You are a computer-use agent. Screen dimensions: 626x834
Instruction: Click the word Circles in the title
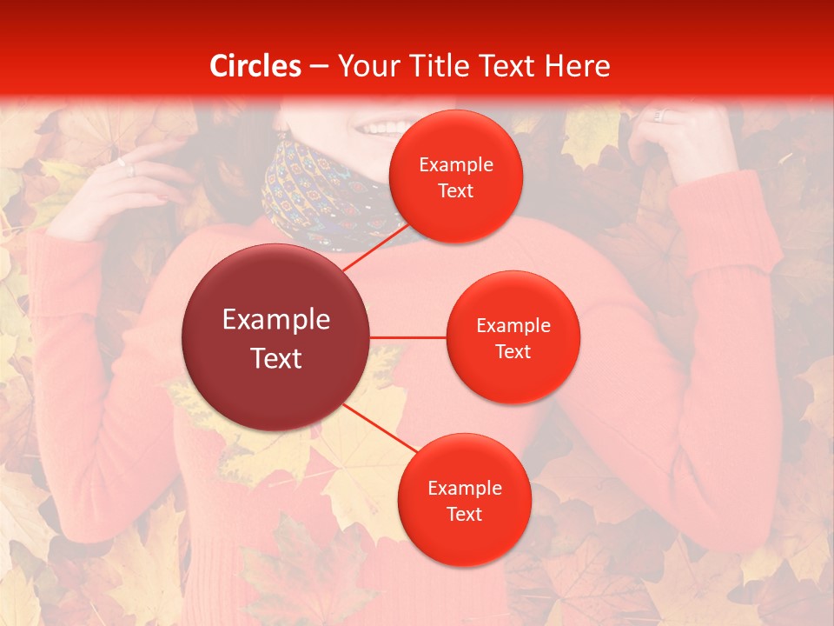[255, 66]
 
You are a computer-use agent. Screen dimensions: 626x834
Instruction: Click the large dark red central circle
[275, 337]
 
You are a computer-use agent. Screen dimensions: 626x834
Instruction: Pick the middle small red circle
[513, 337]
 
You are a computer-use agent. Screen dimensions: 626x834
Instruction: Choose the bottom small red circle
[464, 501]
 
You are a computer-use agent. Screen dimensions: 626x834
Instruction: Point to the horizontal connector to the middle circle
[407, 337]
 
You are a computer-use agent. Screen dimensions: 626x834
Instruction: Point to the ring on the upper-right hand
[658, 116]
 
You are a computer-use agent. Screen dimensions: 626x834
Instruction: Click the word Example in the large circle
[275, 320]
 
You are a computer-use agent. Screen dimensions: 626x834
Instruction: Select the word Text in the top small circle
[455, 190]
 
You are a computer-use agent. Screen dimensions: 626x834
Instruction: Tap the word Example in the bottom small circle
[464, 488]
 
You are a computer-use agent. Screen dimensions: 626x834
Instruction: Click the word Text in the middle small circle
[513, 351]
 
